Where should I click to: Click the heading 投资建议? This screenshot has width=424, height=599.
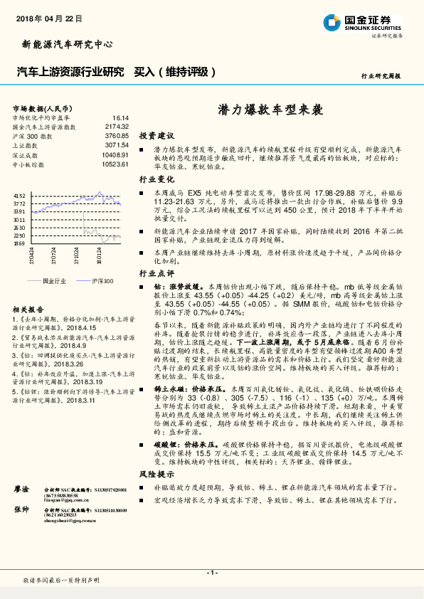tap(157, 135)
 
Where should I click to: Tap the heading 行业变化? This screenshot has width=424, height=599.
tap(157, 180)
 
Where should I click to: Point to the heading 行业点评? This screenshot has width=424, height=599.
tap(157, 272)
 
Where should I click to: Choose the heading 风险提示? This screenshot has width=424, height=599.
tap(157, 473)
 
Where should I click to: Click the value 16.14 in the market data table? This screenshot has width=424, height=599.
tap(120, 117)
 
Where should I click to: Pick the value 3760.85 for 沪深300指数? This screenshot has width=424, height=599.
tap(116, 135)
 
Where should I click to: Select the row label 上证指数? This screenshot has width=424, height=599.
tap(26, 144)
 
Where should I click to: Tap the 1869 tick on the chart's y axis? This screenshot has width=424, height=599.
tap(19, 243)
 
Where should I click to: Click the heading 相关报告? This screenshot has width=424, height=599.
tap(28, 309)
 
